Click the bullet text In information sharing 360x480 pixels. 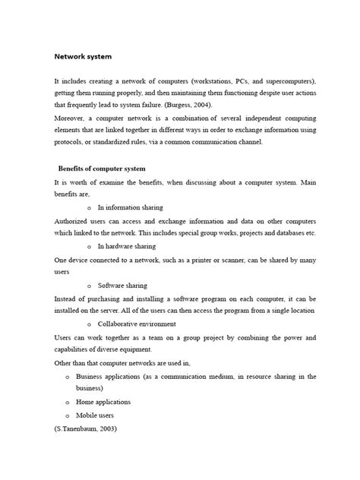[129, 207]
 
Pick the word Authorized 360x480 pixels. [74, 219]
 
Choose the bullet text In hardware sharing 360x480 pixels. [126, 246]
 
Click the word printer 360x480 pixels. [214, 259]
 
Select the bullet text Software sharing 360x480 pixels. [122, 285]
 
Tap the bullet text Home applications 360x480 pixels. [103, 402]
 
